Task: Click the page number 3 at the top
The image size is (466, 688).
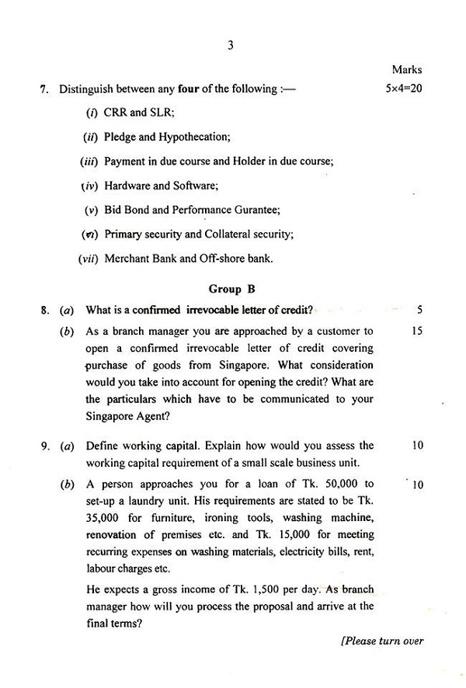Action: [231, 45]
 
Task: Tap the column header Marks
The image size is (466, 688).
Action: [407, 70]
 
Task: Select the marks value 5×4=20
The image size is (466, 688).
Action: [404, 89]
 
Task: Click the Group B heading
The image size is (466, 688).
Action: [231, 290]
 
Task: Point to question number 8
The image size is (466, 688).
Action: [43, 311]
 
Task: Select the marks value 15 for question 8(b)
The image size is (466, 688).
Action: [417, 331]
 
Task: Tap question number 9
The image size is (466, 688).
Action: [43, 446]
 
